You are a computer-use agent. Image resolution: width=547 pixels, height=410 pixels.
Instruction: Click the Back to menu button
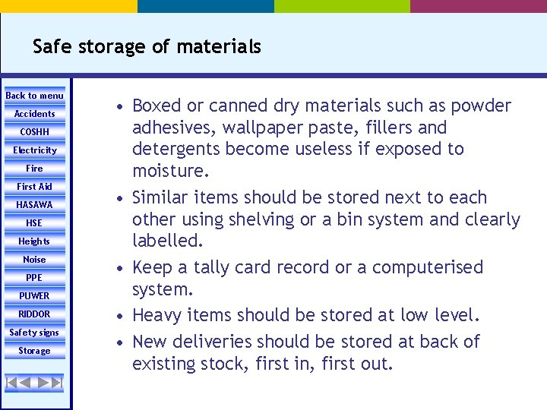pos(35,96)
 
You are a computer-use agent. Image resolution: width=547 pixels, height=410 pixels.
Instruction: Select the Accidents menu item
pos(35,114)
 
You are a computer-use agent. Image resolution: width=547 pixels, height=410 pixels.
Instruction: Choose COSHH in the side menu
pos(35,132)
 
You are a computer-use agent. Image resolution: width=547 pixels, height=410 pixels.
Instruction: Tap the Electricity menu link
pos(35,150)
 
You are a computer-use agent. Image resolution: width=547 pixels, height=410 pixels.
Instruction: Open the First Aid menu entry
pos(35,187)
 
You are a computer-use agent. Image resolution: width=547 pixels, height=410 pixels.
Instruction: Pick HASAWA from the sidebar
pos(35,205)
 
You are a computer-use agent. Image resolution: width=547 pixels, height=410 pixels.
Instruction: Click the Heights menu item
pos(35,241)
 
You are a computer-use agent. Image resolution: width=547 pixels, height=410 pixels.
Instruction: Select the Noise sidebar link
pos(35,260)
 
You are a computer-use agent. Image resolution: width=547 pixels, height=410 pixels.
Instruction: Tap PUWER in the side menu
pos(35,296)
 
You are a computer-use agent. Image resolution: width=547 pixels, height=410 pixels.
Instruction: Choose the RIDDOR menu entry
pos(35,314)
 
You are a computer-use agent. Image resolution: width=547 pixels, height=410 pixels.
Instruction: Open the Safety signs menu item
pos(35,333)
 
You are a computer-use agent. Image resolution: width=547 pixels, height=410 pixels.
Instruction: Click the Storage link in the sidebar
pos(35,351)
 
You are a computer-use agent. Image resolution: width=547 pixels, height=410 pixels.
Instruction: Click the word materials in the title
pos(219,47)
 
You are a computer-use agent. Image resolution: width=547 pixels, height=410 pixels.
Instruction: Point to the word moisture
pos(169,171)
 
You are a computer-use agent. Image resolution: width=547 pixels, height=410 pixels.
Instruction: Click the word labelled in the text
pos(166,242)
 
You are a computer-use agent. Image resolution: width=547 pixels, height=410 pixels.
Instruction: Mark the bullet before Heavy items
pos(121,316)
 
